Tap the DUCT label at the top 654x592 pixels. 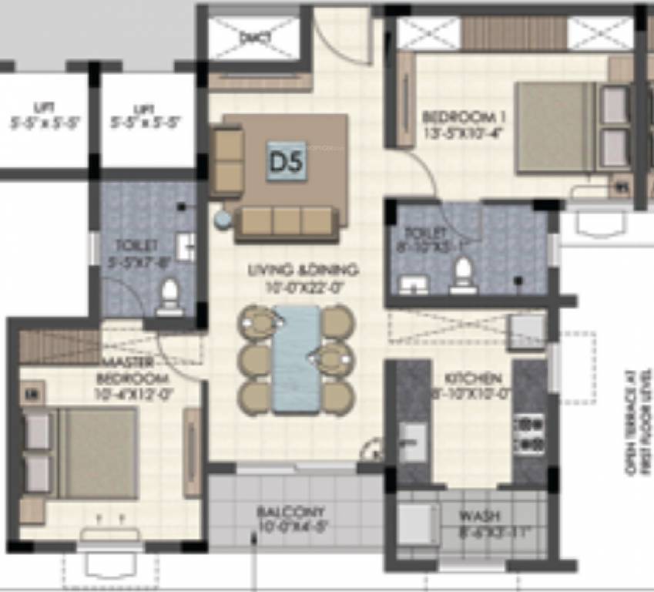250,36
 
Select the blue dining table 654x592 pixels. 297,359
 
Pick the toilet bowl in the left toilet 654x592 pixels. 169,297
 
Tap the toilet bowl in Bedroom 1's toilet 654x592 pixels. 462,274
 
